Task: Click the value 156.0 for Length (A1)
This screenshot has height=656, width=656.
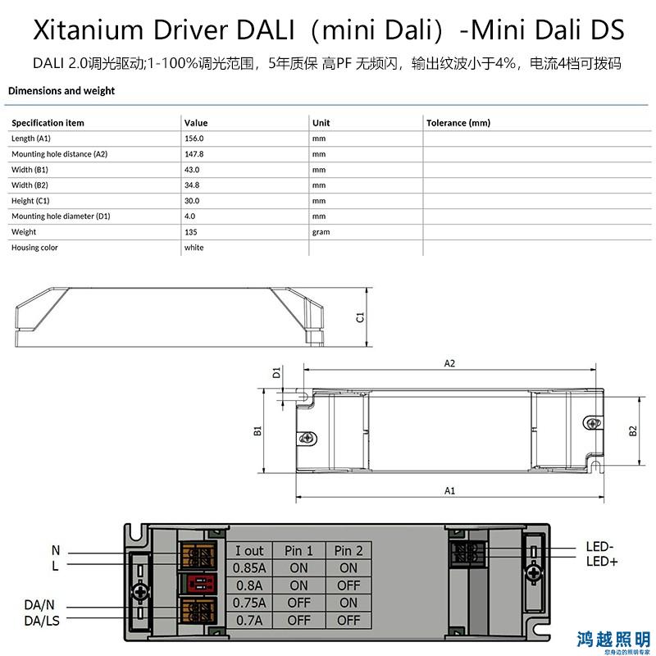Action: pos(194,139)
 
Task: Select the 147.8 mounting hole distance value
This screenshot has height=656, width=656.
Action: pos(194,154)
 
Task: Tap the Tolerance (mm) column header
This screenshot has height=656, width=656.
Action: pos(458,123)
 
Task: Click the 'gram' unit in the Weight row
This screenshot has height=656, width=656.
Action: pos(321,232)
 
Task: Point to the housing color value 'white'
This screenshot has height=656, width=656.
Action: pos(194,248)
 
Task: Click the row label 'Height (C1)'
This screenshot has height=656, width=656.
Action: pos(30,201)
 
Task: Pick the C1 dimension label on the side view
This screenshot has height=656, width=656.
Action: pos(360,317)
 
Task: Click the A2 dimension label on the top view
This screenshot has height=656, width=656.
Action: pos(449,363)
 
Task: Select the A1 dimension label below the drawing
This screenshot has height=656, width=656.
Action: pos(449,490)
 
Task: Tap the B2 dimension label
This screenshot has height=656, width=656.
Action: pos(633,431)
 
